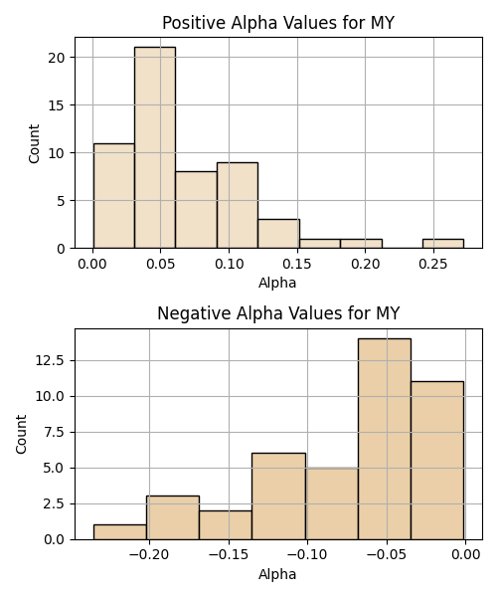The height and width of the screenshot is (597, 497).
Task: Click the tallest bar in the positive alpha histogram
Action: (155, 147)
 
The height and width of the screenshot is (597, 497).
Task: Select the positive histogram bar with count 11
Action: (114, 196)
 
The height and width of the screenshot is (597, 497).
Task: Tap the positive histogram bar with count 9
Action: (238, 206)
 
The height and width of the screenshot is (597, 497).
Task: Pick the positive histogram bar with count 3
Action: (278, 234)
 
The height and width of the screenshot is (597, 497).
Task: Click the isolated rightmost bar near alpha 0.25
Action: (443, 244)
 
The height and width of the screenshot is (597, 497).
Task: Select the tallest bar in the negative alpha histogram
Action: (385, 439)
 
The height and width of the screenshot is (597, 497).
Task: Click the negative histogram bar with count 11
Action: (437, 461)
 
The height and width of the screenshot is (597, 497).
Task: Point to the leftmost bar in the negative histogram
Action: (120, 532)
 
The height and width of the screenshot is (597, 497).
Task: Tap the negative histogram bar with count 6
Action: (278, 497)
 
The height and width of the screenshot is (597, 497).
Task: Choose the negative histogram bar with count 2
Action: (226, 525)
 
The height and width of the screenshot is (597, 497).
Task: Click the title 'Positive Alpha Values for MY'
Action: (278, 23)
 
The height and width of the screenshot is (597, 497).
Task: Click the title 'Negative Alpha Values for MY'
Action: (278, 313)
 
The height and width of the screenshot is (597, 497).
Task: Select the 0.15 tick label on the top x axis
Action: (297, 264)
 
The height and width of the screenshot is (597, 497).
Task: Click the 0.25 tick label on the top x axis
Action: (433, 264)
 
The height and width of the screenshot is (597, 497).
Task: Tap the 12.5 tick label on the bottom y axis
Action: (51, 360)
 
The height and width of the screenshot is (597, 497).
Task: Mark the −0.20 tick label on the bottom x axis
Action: (149, 555)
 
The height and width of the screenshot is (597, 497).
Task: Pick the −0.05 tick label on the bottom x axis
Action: (387, 555)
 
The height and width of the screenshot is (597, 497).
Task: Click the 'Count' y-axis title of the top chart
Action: (34, 144)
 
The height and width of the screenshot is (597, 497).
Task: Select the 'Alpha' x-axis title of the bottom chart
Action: (277, 574)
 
